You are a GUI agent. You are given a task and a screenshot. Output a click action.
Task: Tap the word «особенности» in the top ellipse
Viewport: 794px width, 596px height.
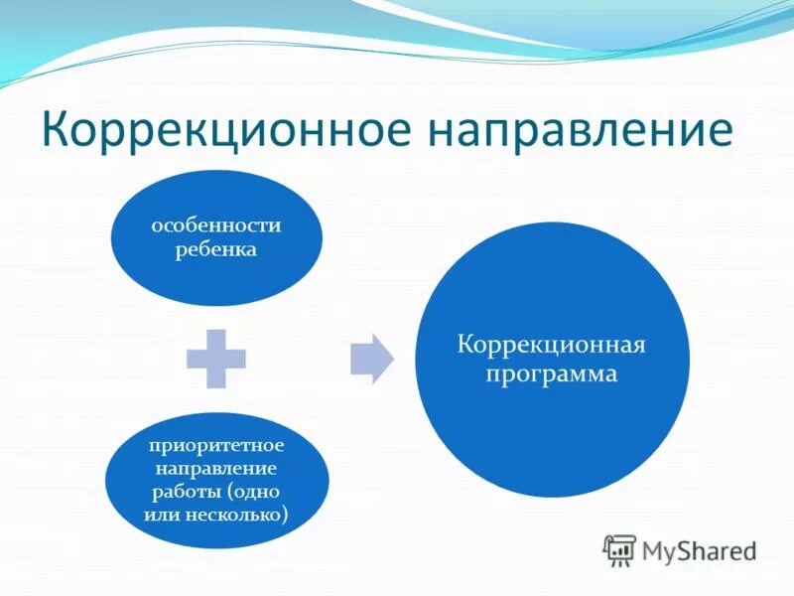click(216, 225)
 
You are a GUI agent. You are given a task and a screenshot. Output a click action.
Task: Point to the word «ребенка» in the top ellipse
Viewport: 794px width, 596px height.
click(216, 249)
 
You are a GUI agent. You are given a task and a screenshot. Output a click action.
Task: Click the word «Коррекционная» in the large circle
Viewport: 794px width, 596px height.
click(551, 346)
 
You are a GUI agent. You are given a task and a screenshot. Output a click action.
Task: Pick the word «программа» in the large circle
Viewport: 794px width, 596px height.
click(551, 374)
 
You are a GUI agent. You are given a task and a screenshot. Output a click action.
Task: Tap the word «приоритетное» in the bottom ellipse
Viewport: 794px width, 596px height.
click(216, 444)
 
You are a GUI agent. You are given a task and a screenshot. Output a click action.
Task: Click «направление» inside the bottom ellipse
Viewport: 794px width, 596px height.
click(216, 467)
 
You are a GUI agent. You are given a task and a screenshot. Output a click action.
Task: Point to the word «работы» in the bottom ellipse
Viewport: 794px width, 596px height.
click(188, 491)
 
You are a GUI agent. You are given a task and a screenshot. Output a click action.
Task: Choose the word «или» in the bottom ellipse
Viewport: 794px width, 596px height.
click(160, 515)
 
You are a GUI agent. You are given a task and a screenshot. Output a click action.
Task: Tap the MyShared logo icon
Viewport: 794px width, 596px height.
click(620, 549)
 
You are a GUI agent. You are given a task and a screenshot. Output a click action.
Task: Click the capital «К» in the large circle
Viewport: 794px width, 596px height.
click(463, 345)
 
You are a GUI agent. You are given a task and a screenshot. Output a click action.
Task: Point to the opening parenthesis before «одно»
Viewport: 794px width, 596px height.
click(229, 492)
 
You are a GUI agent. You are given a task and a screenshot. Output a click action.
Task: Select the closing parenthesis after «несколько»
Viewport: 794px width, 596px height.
click(286, 516)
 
